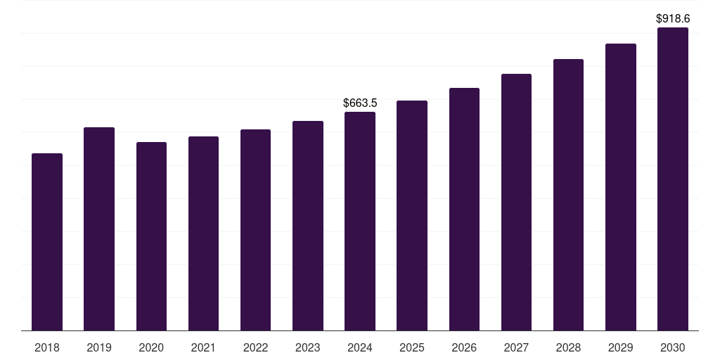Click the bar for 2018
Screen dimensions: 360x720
[x=47, y=242]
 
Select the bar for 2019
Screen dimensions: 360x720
[x=99, y=229]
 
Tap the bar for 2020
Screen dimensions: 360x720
[x=151, y=236]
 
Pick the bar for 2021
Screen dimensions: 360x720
[x=203, y=233]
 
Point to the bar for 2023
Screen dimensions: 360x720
[x=308, y=226]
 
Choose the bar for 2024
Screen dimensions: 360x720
[x=360, y=221]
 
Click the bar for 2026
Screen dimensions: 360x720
[x=464, y=209]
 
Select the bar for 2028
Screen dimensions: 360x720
[x=568, y=195]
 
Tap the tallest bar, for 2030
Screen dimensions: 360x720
[x=672, y=179]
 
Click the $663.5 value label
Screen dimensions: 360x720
[x=360, y=103]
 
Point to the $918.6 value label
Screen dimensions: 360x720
[x=672, y=19]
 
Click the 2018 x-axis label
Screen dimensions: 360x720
[x=47, y=347]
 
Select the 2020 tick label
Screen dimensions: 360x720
[x=151, y=347]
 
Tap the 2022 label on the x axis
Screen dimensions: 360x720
[x=255, y=347]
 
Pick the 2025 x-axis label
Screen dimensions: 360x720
[x=412, y=347]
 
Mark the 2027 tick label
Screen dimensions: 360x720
[x=516, y=347]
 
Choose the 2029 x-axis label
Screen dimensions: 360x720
[x=620, y=347]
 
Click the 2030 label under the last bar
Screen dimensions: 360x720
[x=672, y=347]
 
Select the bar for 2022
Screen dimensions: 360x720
[x=255, y=230]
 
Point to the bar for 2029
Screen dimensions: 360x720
[x=620, y=187]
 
